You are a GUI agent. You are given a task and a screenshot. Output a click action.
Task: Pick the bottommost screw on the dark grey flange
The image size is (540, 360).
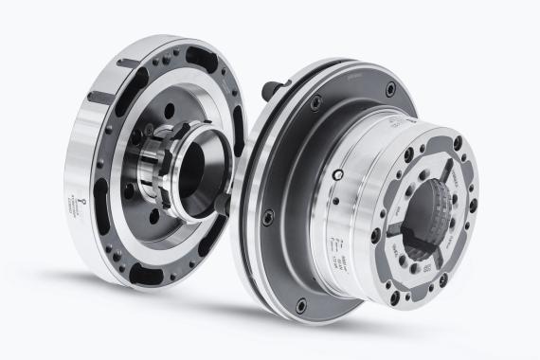pos(301,304)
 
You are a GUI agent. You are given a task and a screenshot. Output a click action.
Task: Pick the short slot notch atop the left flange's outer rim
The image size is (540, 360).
pos(129,63)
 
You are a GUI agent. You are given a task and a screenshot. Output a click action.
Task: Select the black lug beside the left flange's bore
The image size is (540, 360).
pos(219,204)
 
